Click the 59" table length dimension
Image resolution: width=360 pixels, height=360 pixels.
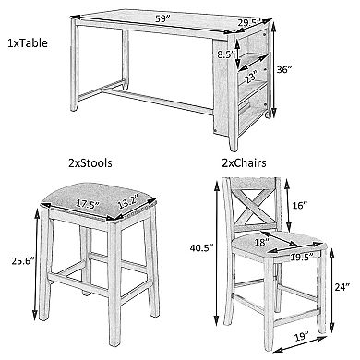click(x=163, y=18)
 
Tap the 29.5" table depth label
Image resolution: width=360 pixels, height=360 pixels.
click(x=249, y=23)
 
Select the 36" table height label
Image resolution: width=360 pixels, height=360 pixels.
click(x=283, y=69)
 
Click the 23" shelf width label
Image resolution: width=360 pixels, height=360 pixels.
click(x=251, y=78)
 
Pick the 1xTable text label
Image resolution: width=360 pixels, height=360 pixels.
click(x=28, y=42)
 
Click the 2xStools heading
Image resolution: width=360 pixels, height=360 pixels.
click(x=90, y=162)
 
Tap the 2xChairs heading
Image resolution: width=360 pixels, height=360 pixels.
click(x=244, y=162)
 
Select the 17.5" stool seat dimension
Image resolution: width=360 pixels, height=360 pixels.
click(x=89, y=204)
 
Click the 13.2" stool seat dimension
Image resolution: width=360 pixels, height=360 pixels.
click(x=126, y=202)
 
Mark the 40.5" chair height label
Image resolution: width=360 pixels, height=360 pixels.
click(x=201, y=247)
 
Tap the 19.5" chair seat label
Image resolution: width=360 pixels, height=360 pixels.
click(x=302, y=256)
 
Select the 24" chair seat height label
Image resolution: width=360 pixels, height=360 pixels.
click(x=342, y=287)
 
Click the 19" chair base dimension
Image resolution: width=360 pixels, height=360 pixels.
click(x=301, y=336)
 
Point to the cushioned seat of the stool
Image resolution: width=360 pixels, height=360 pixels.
click(x=99, y=202)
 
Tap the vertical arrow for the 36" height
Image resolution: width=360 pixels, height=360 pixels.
click(x=273, y=69)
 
